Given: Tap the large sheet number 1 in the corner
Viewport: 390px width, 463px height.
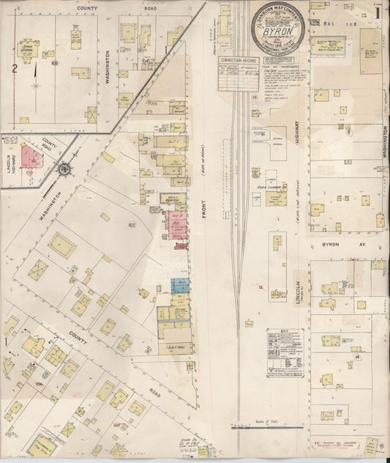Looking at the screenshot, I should click(x=377, y=11).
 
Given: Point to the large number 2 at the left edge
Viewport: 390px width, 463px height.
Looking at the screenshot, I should click(x=14, y=69).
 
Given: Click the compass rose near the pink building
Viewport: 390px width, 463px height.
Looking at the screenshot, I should click(x=65, y=170).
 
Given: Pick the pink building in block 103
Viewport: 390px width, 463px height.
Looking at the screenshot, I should click(x=30, y=156).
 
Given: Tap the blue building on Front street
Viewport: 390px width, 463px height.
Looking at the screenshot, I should click(x=179, y=286).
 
